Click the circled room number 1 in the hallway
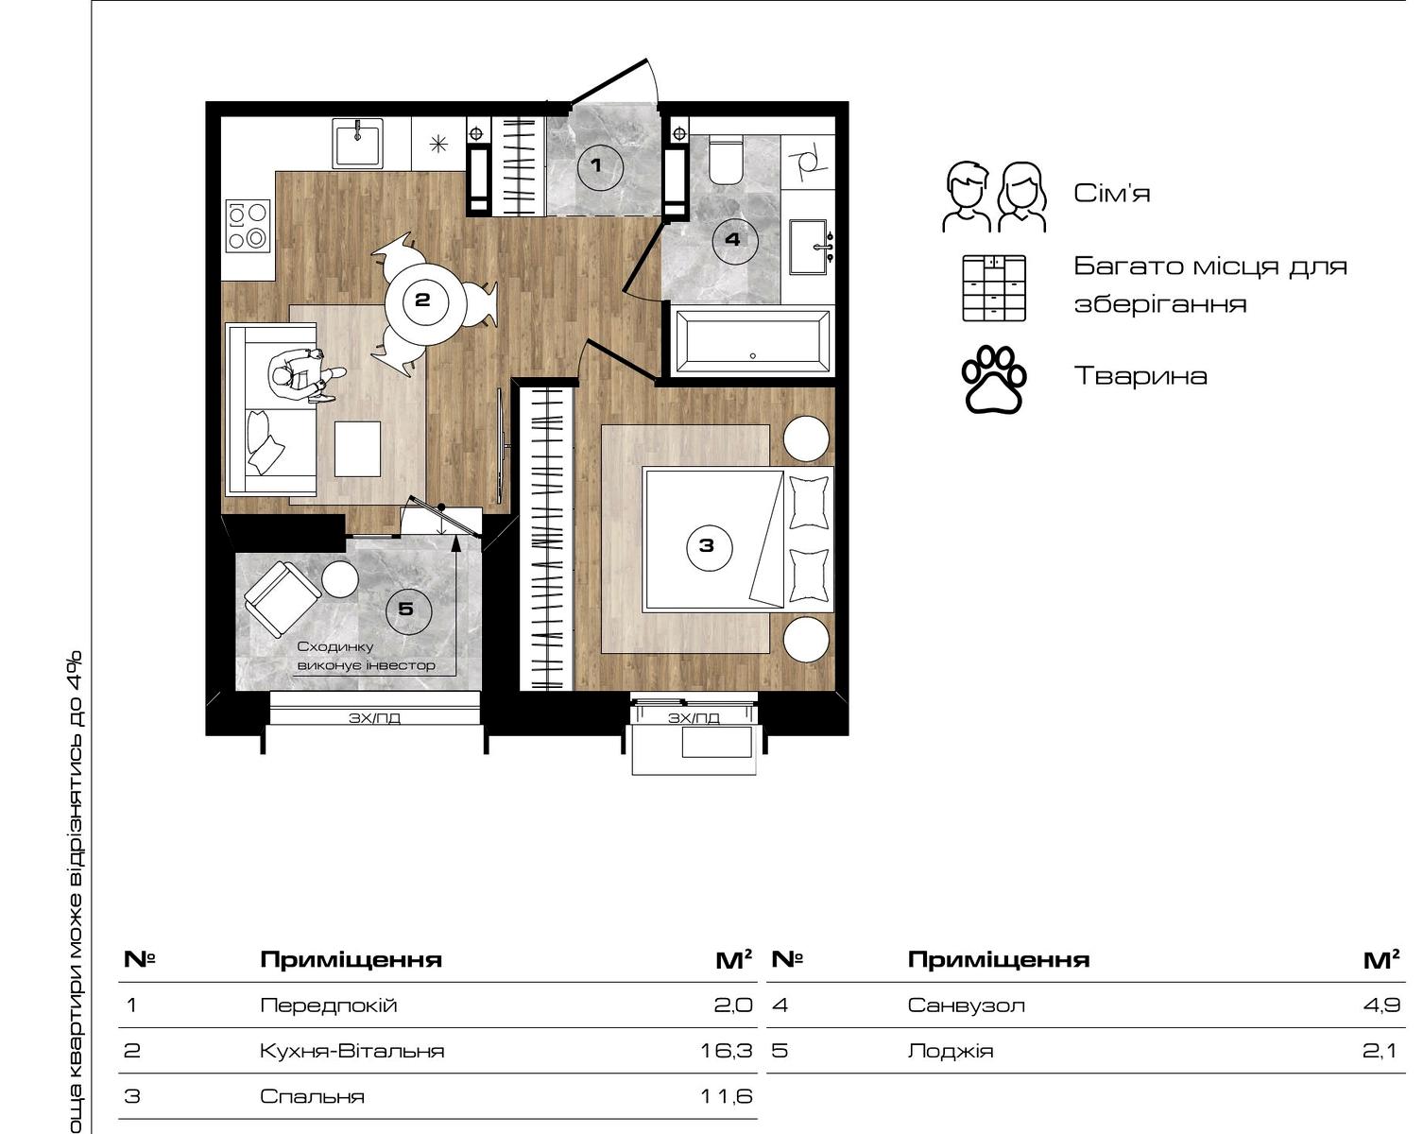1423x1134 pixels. point(600,167)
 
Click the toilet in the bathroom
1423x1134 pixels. point(725,160)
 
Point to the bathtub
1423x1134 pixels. point(752,341)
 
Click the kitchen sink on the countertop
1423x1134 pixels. point(358,143)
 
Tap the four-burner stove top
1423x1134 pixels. point(248,226)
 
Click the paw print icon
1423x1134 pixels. point(994,380)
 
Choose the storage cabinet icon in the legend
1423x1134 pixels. point(994,288)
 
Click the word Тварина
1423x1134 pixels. point(1140,376)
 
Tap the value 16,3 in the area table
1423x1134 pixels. point(727,1051)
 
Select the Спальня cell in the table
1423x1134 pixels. point(312,1097)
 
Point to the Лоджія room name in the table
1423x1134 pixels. point(951,1051)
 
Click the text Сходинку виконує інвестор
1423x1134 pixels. point(367,656)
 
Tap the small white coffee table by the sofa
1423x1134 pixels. point(357,449)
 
